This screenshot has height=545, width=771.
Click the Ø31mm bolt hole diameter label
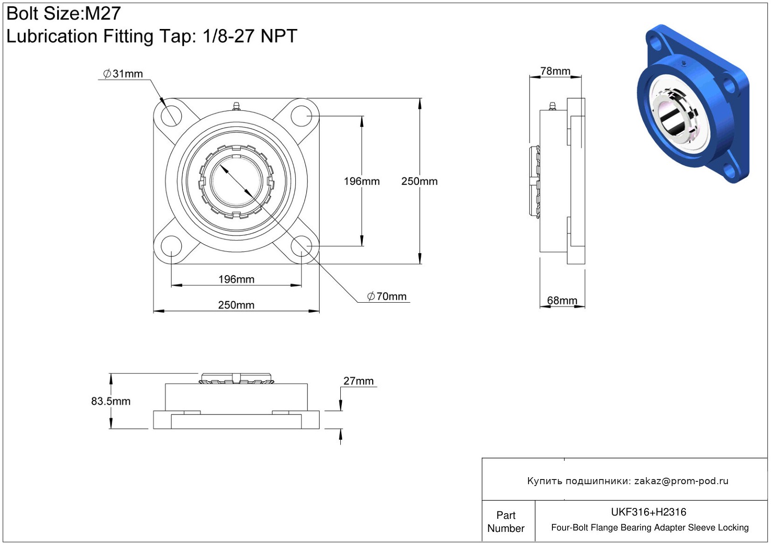[x=123, y=73]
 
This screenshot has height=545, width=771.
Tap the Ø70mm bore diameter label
[x=387, y=296]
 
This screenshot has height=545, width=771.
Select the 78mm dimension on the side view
[x=555, y=71]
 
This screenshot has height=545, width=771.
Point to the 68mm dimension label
[x=562, y=300]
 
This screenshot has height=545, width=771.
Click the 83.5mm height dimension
[x=111, y=401]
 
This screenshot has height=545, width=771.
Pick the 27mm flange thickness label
[x=358, y=381]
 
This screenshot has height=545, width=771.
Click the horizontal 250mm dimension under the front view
[x=236, y=305]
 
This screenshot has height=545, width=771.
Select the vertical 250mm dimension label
[x=419, y=182]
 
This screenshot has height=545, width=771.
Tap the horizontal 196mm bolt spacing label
[x=236, y=279]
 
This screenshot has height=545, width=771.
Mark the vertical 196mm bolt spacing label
[x=362, y=182]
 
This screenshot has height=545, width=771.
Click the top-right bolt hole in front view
[x=301, y=116]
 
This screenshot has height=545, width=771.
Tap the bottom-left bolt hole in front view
[x=171, y=247]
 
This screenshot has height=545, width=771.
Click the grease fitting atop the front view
[x=236, y=106]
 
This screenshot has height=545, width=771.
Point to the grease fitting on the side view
[x=552, y=106]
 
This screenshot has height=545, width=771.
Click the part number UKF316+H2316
[x=648, y=512]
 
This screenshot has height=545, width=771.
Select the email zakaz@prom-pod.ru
[x=681, y=480]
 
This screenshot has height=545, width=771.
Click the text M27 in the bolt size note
[x=103, y=14]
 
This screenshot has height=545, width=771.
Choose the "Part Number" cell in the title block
[x=506, y=522]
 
